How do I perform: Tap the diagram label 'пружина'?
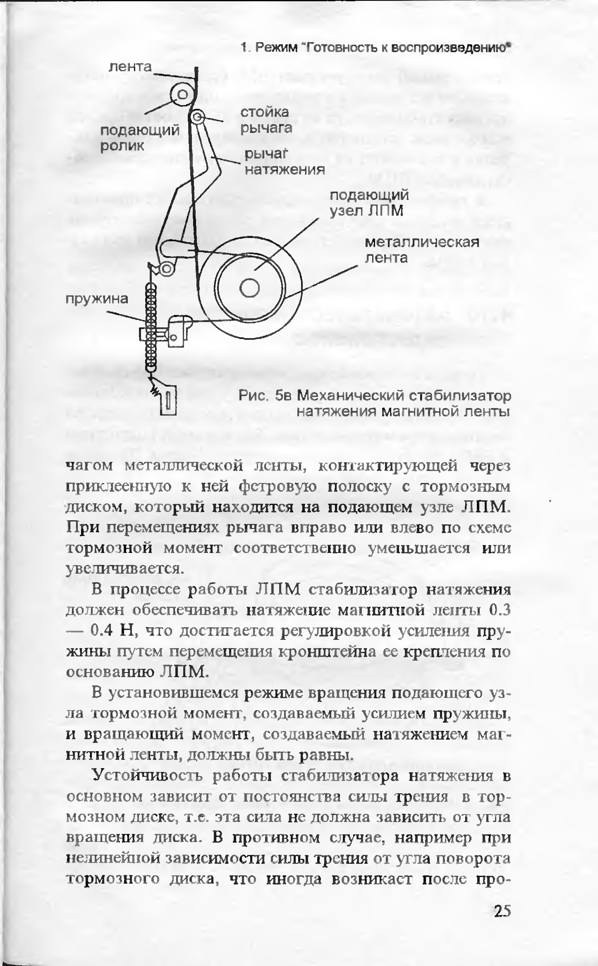point(97,298)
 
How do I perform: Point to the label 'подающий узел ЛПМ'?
point(369,203)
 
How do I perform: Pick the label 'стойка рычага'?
point(266,120)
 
